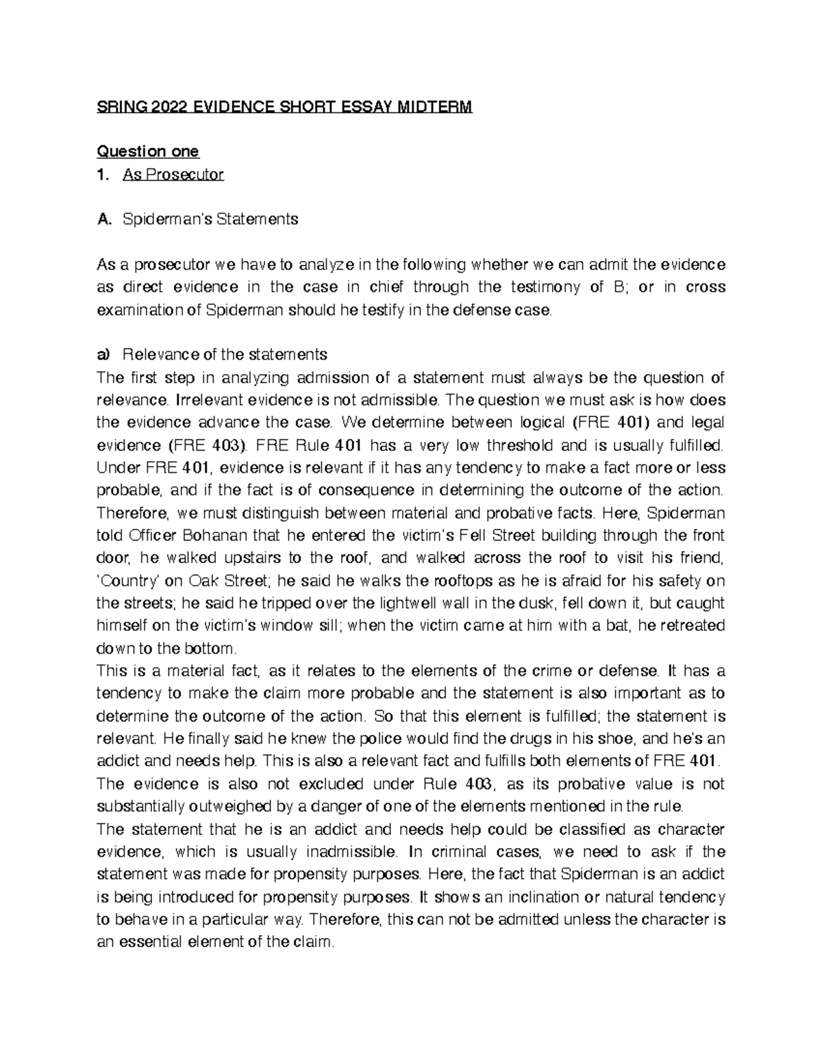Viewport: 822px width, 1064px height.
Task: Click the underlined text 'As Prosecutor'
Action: pyautogui.click(x=173, y=174)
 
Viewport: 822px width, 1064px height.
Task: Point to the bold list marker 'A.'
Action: pyautogui.click(x=104, y=219)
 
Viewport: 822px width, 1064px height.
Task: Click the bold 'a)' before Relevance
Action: pyautogui.click(x=103, y=354)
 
